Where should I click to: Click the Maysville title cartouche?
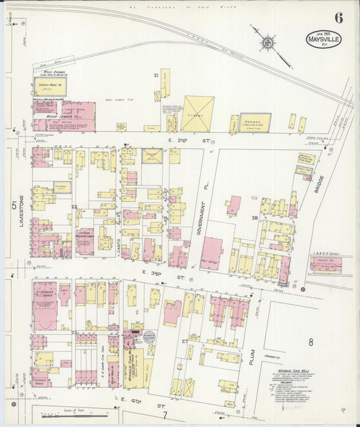[x=325, y=39]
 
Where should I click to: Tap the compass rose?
[x=268, y=43]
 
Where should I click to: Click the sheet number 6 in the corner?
[x=338, y=18]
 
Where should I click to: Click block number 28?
[x=255, y=218]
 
